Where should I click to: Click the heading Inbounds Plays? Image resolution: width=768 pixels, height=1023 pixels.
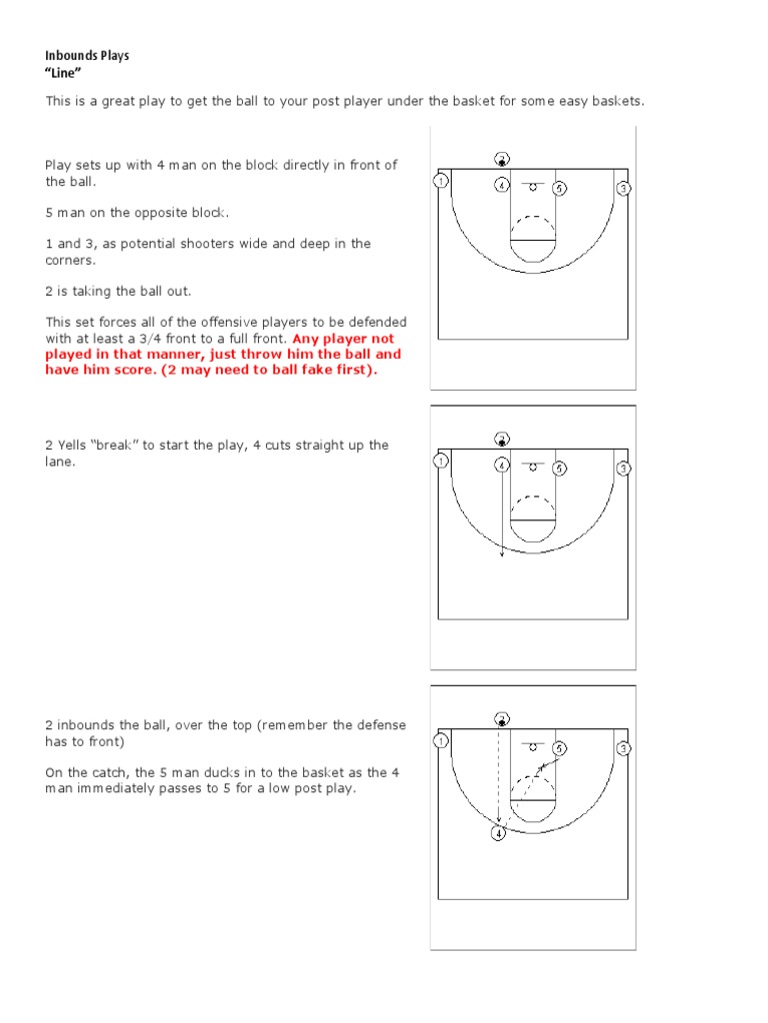[x=87, y=56]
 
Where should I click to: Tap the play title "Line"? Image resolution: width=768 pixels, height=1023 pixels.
[x=63, y=74]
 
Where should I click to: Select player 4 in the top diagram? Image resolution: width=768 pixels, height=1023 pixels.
[x=502, y=185]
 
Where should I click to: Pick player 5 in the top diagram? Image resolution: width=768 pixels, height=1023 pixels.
[x=560, y=188]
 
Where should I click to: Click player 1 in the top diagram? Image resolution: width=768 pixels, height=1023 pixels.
[x=439, y=181]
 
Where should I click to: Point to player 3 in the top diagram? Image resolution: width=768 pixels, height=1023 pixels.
[x=624, y=188]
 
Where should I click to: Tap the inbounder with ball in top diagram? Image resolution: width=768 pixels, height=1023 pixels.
[x=502, y=158]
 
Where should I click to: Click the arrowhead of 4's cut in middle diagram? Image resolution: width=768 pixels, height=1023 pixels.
[x=502, y=555]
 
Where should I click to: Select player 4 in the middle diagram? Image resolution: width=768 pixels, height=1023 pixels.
[x=502, y=465]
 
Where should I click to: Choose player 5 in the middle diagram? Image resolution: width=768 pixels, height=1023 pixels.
[x=560, y=468]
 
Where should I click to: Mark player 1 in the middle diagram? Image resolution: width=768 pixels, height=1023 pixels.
[x=439, y=461]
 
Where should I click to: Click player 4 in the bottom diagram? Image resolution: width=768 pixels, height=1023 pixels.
[x=498, y=833]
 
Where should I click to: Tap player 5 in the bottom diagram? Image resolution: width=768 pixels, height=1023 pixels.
[x=560, y=747]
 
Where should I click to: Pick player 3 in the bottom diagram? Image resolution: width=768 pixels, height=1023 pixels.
[x=624, y=747]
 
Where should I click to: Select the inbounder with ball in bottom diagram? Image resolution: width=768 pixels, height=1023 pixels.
[x=502, y=718]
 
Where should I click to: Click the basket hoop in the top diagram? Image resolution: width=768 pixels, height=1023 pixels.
[x=532, y=187]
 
